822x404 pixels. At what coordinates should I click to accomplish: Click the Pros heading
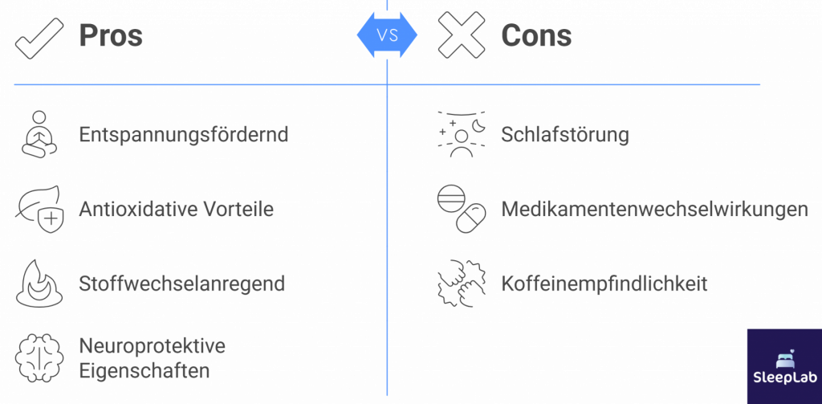click(110, 36)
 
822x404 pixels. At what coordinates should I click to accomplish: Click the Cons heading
click(535, 36)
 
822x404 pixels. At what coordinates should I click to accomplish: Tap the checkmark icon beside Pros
click(39, 37)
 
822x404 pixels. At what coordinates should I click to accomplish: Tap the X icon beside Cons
click(461, 36)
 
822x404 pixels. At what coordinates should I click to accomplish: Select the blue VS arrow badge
click(388, 35)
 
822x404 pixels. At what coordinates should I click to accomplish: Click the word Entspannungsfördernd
click(183, 135)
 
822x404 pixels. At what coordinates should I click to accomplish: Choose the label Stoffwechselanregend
click(181, 284)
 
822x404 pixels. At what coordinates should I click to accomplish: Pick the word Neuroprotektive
click(152, 346)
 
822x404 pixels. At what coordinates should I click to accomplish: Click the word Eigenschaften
click(144, 370)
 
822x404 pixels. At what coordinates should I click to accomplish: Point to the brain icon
click(38, 358)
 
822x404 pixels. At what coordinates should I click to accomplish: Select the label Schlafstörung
click(564, 135)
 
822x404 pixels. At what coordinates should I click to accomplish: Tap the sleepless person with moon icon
click(461, 134)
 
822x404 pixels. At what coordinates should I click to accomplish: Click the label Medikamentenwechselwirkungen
click(654, 210)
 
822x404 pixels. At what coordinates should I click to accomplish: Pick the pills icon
click(461, 209)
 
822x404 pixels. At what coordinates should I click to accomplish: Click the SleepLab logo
click(783, 366)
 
